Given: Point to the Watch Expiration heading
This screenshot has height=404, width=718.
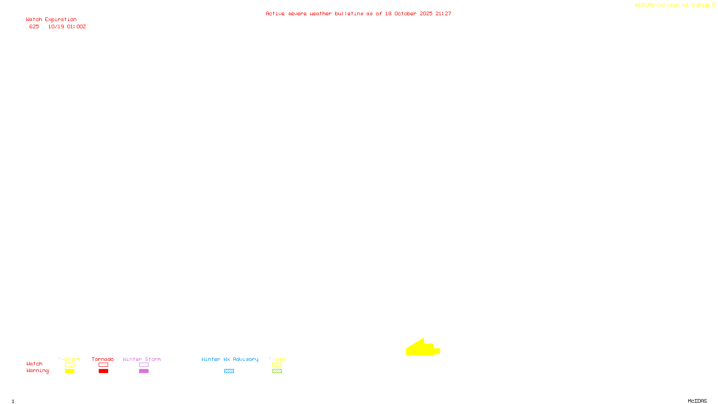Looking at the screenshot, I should click(x=51, y=20).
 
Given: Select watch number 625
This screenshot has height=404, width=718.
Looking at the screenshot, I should click(x=34, y=27).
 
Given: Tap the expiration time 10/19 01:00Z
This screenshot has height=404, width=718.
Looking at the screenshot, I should click(x=67, y=27).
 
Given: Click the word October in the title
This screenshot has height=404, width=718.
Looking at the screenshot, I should click(x=405, y=14).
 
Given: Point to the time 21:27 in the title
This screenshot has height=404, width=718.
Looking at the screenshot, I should click(x=443, y=14).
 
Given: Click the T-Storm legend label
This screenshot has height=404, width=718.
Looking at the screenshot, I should click(x=69, y=359).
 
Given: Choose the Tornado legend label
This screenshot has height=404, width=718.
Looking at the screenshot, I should click(x=103, y=359).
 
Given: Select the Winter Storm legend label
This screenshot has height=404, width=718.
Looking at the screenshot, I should click(x=142, y=359).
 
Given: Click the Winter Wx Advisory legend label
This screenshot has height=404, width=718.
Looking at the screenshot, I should click(x=230, y=359).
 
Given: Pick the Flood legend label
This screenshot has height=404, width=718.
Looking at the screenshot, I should click(x=277, y=359).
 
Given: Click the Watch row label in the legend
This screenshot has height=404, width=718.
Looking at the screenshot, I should click(x=35, y=364).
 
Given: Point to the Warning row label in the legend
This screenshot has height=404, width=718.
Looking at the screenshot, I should click(x=38, y=371).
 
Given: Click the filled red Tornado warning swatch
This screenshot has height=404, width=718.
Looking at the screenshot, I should click(x=103, y=371).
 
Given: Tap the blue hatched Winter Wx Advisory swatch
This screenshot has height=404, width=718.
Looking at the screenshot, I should click(x=229, y=371).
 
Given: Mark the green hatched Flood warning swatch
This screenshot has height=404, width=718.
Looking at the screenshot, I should click(x=277, y=371).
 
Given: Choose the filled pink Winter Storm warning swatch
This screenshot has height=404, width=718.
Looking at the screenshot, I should click(x=144, y=371).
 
